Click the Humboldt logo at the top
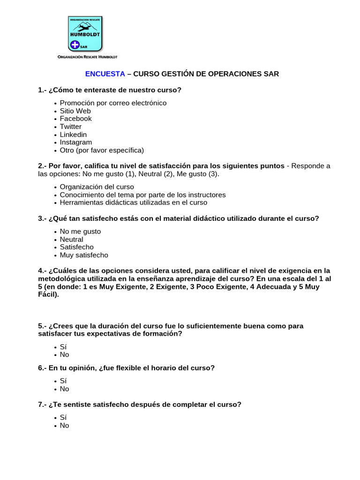(85, 34)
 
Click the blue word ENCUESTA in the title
(105, 74)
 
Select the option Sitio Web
(75, 111)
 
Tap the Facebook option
(75, 119)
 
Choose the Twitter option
(70, 127)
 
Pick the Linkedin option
(73, 135)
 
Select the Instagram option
(75, 142)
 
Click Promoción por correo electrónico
(113, 103)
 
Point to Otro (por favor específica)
(102, 150)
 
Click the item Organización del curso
(97, 187)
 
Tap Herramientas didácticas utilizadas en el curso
(133, 202)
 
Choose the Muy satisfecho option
(84, 255)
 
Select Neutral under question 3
(71, 240)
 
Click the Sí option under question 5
(63, 347)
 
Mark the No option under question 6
(64, 389)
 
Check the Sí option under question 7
(63, 417)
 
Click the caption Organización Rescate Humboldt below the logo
(87, 57)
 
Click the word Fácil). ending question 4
(48, 295)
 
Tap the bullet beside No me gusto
(55, 232)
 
